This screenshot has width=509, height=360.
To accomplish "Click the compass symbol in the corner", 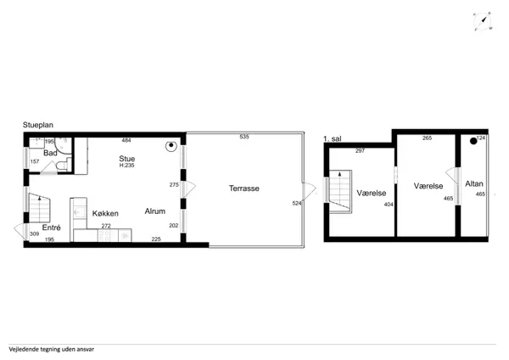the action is (483, 21).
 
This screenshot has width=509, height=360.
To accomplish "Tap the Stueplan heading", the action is (38, 125).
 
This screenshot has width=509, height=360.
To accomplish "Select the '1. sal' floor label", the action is (332, 138).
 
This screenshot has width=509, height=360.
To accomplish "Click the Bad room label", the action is (50, 153).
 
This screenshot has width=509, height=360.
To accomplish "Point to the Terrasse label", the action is (244, 188).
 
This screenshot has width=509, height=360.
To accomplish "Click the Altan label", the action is (474, 183).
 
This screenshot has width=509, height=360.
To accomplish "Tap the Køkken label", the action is (105, 213).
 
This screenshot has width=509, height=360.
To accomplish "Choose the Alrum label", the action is (155, 211).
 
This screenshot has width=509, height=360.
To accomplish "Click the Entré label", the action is (51, 228).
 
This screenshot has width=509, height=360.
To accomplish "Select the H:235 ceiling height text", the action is (127, 165).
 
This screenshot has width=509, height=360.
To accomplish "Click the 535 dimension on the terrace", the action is (244, 137).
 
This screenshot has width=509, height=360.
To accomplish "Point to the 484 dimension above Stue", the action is (126, 140).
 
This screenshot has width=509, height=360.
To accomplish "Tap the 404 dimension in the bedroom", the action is (389, 205).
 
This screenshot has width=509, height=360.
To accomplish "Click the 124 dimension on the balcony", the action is (481, 138).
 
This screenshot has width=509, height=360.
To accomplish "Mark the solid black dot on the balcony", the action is (473, 141).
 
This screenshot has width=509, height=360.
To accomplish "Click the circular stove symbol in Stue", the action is (171, 146).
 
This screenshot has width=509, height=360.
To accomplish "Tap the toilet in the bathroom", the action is (64, 165).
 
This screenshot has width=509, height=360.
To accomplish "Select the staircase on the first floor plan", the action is (340, 191).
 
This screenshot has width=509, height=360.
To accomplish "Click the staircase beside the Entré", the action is (39, 208).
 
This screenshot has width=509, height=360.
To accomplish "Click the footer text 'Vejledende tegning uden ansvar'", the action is (51, 350).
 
